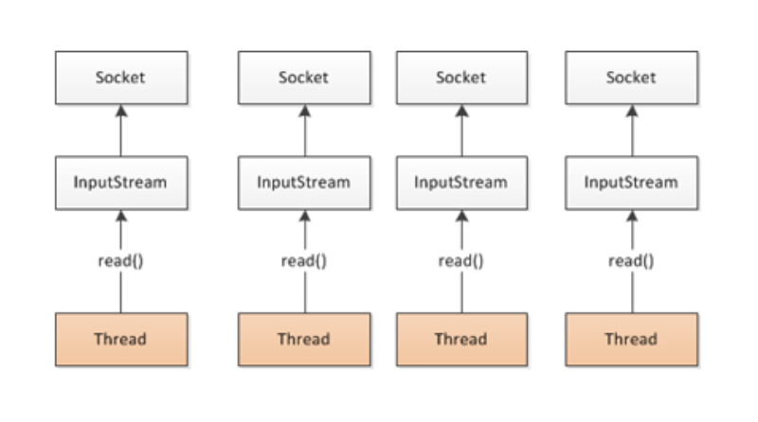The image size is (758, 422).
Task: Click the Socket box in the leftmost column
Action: [x=121, y=78]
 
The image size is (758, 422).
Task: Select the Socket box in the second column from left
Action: [x=304, y=78]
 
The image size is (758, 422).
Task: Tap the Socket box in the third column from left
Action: [x=461, y=78]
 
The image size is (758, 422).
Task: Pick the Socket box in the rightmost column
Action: [x=631, y=78]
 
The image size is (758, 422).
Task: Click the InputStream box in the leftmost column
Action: [x=121, y=183]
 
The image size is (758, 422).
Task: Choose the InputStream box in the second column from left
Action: [x=304, y=183]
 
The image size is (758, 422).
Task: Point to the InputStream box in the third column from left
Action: [x=461, y=183]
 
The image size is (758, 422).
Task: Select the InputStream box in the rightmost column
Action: [x=631, y=183]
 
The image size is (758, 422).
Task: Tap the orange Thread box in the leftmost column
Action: [x=121, y=340]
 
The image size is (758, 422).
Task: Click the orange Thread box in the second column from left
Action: [x=304, y=340]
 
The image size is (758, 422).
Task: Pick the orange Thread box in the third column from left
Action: [x=461, y=340]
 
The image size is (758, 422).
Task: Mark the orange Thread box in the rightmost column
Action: [x=631, y=340]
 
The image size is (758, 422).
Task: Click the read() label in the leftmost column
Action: [x=121, y=261]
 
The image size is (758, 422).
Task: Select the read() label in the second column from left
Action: [x=304, y=261]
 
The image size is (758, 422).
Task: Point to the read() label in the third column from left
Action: [x=461, y=261]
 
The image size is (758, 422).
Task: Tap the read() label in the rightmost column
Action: [x=631, y=261]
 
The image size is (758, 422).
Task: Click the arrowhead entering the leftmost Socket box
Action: [x=121, y=111]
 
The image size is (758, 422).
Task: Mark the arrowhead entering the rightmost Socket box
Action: [x=632, y=111]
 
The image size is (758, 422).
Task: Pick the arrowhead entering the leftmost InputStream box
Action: [x=121, y=217]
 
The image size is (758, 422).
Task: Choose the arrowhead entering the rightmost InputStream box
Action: [x=632, y=217]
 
